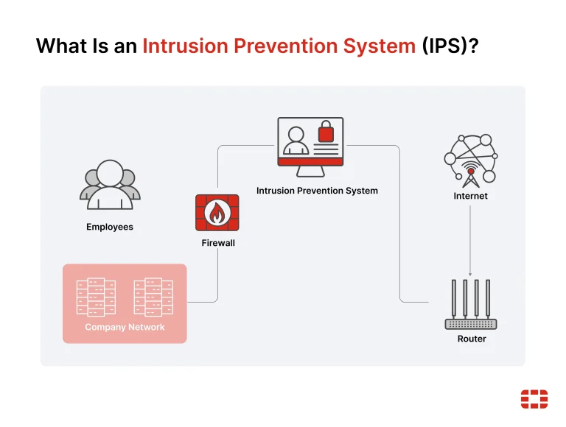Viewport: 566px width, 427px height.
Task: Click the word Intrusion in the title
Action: [x=184, y=46]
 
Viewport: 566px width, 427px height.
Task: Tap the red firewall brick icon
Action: [x=217, y=213]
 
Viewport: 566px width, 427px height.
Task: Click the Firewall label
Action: [x=218, y=242]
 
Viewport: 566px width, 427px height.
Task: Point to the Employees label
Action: [x=110, y=227]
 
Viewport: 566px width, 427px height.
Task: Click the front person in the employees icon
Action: [x=109, y=185]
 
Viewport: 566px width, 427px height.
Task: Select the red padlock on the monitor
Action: [x=325, y=133]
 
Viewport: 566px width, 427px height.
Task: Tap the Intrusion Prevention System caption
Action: [x=317, y=191]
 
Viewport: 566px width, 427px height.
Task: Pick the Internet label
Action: [x=470, y=196]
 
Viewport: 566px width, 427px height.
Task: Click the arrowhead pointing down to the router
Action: [x=470, y=273]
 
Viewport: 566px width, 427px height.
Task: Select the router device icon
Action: [x=470, y=306]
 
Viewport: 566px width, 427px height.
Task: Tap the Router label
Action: [x=472, y=339]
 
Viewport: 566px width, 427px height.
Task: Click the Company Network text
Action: [x=125, y=327]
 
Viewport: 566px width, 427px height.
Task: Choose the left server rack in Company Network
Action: [x=96, y=297]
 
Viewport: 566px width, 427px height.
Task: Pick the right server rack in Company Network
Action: [x=153, y=297]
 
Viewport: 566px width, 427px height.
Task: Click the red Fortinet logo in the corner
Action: [x=534, y=398]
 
